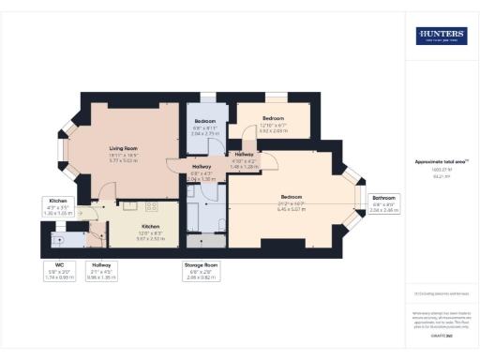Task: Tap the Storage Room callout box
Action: (x=200, y=271)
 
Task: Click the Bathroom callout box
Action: (x=384, y=203)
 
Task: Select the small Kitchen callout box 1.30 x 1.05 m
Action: (x=57, y=205)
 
